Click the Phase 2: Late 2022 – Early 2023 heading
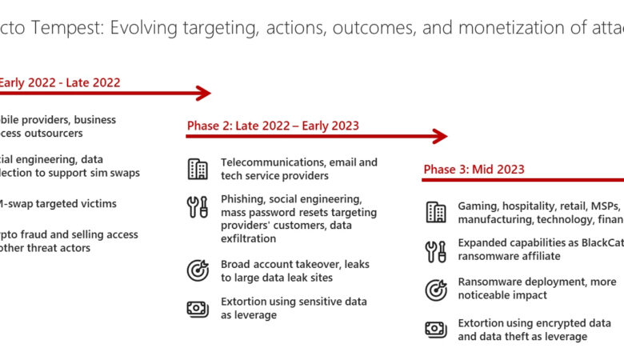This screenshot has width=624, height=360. (273, 126)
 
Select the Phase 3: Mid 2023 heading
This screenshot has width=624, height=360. (474, 170)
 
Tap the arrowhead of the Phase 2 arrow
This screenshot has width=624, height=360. (440, 137)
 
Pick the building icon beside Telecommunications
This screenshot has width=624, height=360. (198, 169)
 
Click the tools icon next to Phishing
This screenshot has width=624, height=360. (198, 207)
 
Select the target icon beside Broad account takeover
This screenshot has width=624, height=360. (198, 270)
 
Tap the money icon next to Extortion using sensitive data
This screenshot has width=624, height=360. (198, 308)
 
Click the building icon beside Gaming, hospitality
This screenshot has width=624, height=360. (436, 213)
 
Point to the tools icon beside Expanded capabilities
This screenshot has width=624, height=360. (436, 251)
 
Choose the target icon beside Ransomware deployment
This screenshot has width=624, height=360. (436, 289)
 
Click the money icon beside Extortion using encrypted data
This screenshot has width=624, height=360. (436, 330)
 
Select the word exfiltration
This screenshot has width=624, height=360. (248, 238)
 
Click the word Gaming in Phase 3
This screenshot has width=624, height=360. (477, 206)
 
